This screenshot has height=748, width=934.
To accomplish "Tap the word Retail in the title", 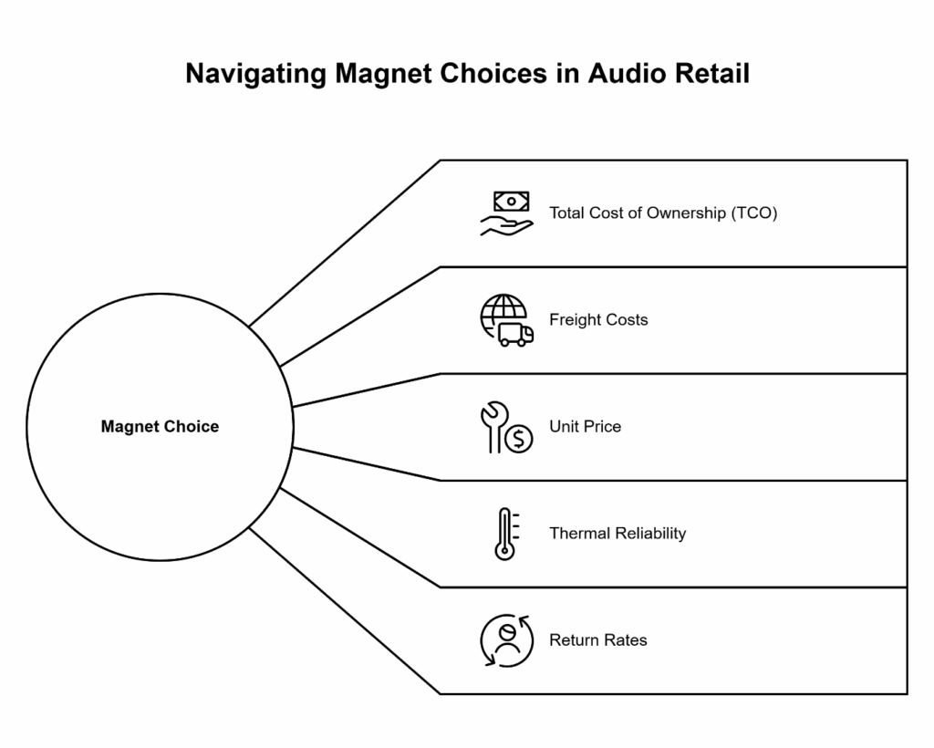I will pos(711,74).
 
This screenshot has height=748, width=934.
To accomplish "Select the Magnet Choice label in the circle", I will pos(160,427).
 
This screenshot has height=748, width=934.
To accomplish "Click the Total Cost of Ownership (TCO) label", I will pos(663,213).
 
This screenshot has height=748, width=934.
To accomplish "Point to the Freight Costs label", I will pos(598,320).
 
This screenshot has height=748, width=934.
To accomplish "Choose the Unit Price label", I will pos(585,427).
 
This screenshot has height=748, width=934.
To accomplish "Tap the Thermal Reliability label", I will pos(617,534).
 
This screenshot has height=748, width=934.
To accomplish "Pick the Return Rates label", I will pos(598,640).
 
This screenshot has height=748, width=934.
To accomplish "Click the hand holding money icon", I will pos(506,214).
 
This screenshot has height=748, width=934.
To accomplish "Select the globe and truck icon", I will pos(506,320).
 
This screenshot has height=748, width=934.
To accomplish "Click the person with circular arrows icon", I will pos(506,640).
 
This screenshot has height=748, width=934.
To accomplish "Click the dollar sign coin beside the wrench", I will pos(518,439).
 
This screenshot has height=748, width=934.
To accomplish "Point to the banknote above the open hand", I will pos(512,201).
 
